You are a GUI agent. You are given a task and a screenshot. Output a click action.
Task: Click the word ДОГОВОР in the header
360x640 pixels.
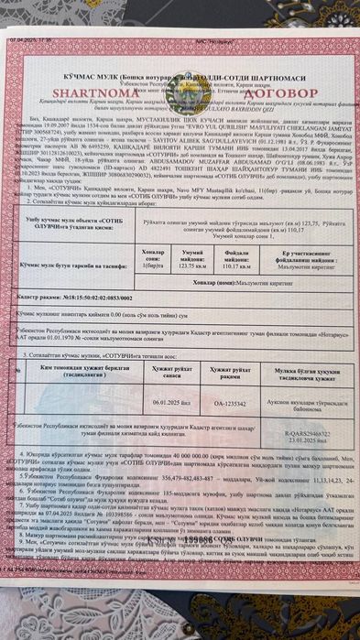click(294, 92)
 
